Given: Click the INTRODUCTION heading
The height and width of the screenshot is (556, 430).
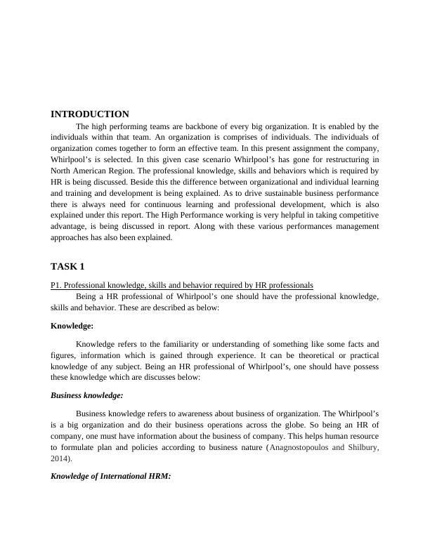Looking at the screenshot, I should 90,114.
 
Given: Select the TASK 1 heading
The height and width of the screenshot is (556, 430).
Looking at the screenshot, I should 67,266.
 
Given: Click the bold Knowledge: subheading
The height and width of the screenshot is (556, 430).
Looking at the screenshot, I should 74,326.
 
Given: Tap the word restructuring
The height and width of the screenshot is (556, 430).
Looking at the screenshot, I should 326,159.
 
